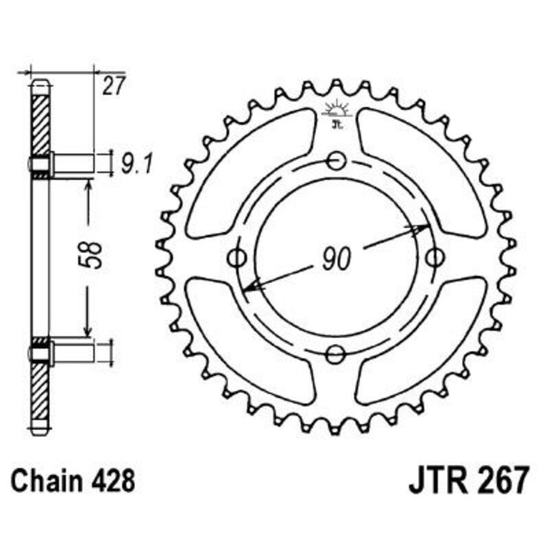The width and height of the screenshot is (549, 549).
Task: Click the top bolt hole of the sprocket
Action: click(336, 161)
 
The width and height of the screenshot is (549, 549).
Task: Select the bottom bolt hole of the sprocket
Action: click(336, 355)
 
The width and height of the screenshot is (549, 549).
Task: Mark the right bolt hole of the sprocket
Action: click(433, 258)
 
